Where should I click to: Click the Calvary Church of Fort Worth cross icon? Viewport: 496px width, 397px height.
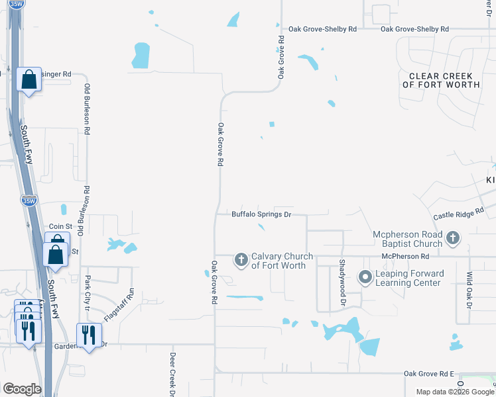click(241, 260)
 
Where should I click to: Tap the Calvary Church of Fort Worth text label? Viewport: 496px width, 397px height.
click(279, 261)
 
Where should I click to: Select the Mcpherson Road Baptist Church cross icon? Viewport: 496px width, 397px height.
click(453, 238)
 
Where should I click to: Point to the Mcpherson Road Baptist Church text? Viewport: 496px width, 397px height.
click(407, 238)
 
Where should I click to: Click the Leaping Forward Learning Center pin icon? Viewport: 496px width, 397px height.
click(364, 278)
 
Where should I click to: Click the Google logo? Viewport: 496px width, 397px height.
click(22, 389)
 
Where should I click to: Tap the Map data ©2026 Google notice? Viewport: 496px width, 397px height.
click(455, 392)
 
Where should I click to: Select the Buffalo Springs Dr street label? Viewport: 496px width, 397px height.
click(261, 214)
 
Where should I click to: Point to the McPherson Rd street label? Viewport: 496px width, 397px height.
click(405, 256)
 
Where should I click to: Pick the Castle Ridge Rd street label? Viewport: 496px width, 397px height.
click(459, 213)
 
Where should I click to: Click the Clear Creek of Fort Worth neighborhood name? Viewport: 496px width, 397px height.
click(441, 80)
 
